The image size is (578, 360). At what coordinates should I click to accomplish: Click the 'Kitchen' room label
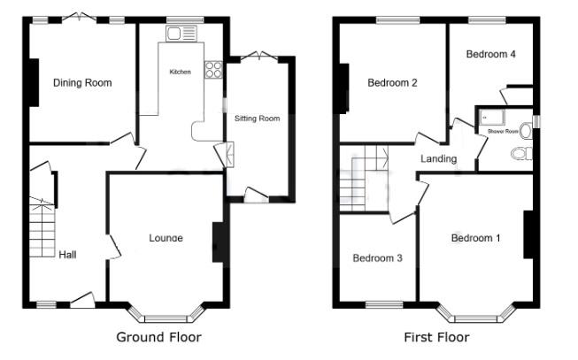point(181,71)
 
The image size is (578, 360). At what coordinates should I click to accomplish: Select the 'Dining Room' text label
point(82,83)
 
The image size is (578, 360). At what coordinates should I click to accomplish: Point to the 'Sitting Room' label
point(257,118)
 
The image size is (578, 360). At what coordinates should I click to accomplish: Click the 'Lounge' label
point(166,237)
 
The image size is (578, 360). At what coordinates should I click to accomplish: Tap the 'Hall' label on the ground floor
point(67,255)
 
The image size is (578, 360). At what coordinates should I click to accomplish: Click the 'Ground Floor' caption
point(158,337)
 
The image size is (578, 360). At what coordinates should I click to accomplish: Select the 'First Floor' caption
point(436,337)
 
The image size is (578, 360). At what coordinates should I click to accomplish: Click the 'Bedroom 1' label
point(475,238)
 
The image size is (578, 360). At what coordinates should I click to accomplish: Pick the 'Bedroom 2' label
point(392,83)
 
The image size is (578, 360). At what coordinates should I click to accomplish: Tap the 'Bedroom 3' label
point(378,258)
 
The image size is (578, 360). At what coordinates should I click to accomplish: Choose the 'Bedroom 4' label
point(490,54)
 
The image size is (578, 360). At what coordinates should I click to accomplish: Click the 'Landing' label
point(438,159)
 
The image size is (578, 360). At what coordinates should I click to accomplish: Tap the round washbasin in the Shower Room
point(526,130)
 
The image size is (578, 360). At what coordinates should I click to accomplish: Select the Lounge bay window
point(166,314)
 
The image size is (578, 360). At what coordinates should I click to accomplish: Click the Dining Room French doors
point(81,19)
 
